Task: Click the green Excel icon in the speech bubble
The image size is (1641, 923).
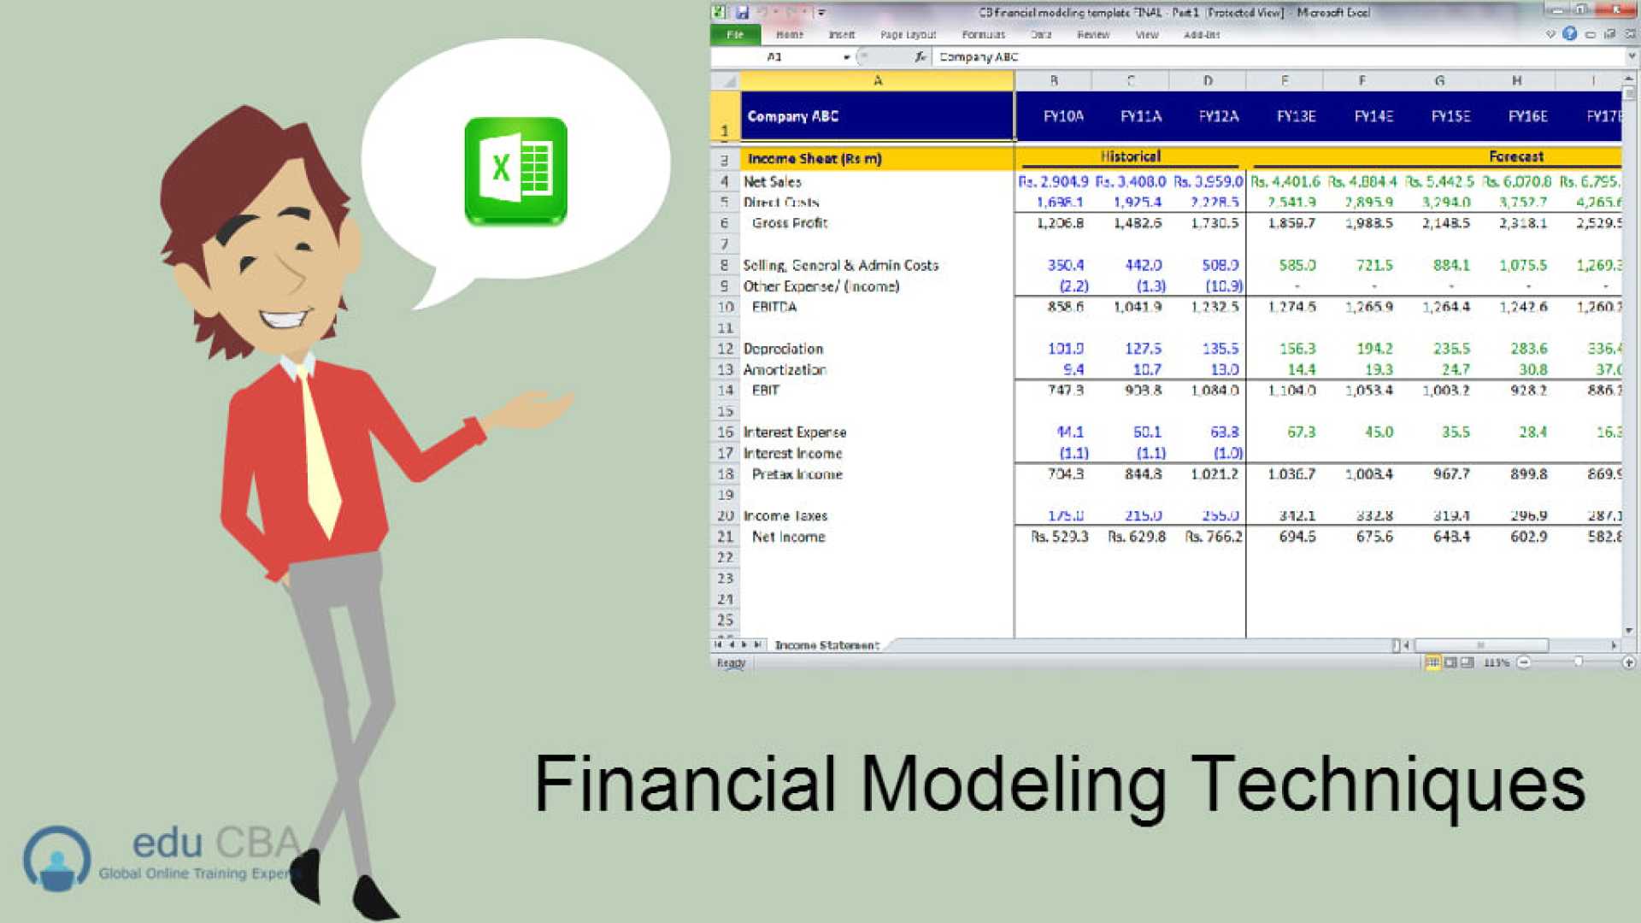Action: pos(515,170)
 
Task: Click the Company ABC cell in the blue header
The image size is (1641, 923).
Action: pos(792,116)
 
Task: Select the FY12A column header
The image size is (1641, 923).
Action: pos(1218,116)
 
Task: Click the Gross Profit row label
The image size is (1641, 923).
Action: pos(789,223)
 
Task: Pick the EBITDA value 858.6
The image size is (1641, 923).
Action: pos(1065,307)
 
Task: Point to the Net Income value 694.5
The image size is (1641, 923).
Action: pos(1297,537)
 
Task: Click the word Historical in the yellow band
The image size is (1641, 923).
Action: pos(1130,156)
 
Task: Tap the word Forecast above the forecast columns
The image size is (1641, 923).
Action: pos(1515,156)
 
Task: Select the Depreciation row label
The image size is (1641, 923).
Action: pos(783,349)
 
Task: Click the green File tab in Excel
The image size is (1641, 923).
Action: pos(735,35)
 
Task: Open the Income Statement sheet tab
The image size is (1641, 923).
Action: pos(826,645)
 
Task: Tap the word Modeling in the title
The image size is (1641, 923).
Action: pos(1013,785)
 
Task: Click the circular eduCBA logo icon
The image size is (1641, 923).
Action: pos(56,858)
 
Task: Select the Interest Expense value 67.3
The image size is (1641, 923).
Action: pos(1301,432)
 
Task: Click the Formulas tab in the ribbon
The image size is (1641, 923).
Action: pos(983,35)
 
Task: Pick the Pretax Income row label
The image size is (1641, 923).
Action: pos(797,474)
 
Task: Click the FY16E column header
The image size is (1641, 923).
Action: pos(1527,116)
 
